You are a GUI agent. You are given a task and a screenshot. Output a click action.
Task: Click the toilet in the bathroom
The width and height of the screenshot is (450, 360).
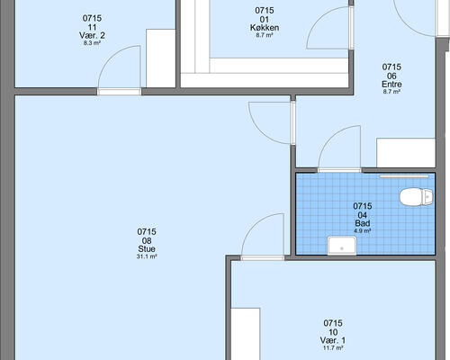coord(417,197)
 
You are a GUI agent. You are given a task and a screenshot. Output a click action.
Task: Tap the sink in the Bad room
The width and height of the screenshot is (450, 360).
coord(342,246)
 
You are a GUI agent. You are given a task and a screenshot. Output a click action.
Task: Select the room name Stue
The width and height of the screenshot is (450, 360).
coord(147,248)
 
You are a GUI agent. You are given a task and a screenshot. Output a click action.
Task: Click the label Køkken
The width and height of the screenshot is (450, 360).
coord(265,28)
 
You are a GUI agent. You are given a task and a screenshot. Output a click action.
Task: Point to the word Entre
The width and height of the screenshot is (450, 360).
coord(391,84)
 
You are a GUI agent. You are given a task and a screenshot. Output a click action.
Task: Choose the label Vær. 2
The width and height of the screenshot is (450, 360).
coord(92,35)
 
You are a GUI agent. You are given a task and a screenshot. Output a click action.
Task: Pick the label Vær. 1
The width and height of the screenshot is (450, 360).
coord(333,340)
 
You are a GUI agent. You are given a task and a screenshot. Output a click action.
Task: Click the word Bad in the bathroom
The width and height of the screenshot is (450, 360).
coord(363,223)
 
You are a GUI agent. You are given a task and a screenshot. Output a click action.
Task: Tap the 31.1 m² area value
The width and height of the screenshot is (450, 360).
coord(147,256)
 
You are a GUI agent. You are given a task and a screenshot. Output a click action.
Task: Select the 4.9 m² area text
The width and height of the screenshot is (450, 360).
coord(363,231)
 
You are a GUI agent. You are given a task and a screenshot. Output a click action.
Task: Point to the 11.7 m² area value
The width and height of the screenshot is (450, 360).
coord(333,348)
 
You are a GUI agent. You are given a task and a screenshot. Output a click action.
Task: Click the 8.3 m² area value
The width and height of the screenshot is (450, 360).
coord(92,43)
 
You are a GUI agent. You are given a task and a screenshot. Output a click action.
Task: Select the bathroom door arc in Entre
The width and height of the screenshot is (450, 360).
coord(330,138)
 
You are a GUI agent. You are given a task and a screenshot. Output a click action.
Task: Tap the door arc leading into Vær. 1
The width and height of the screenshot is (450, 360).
coord(254,226)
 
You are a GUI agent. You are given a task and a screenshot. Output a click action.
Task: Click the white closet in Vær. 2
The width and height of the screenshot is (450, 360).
coord(160,58)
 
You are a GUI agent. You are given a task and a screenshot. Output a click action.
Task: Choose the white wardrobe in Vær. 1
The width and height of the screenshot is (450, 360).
coord(246,334)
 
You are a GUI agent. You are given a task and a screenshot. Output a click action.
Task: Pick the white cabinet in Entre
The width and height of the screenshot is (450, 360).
coord(406,153)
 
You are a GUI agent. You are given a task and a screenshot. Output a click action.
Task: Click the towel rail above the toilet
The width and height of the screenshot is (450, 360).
coord(404,176)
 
